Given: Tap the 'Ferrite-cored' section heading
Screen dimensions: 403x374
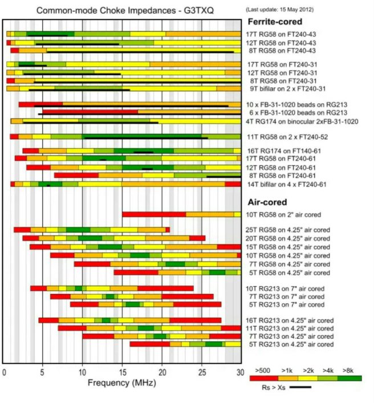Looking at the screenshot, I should pos(274,22).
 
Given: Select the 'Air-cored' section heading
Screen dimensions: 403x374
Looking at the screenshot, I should pos(266,202).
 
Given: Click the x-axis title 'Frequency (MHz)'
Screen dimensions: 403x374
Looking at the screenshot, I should pos(121,385).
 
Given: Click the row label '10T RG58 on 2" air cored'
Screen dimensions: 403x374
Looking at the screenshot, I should pos(284,214).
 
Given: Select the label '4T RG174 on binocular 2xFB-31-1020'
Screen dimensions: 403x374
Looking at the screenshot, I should pos(302,121).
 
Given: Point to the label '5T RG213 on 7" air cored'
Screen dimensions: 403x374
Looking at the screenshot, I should pos(283,304).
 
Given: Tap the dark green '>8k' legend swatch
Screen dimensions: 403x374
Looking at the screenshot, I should pos(350,377).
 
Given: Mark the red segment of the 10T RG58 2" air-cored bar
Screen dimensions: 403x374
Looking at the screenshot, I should pos(154,214).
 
